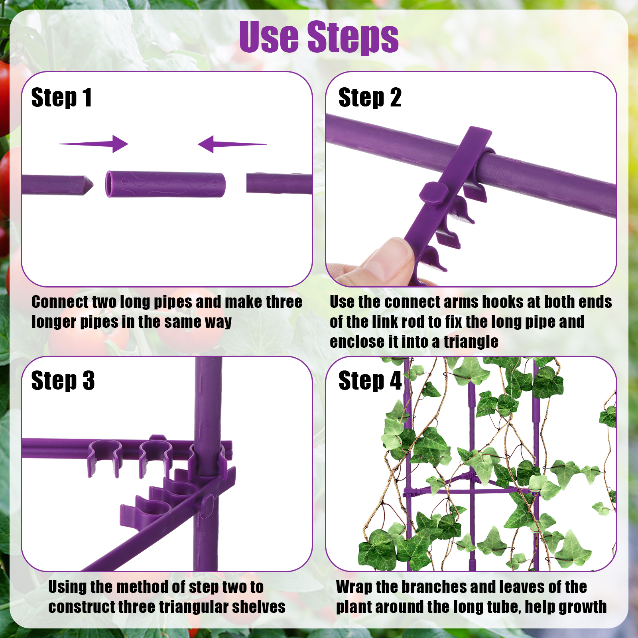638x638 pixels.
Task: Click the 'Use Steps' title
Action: pyautogui.click(x=319, y=37)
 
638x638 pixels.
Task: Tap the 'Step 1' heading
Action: pyautogui.click(x=62, y=98)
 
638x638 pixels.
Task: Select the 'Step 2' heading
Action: pyautogui.click(x=370, y=98)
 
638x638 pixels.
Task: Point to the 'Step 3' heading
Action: pyautogui.click(x=63, y=380)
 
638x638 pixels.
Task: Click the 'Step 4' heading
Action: pyautogui.click(x=370, y=380)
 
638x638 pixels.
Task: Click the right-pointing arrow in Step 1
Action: pyautogui.click(x=94, y=144)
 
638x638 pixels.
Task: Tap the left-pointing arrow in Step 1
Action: pyautogui.click(x=232, y=144)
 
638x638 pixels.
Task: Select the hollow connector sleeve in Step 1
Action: pyautogui.click(x=165, y=184)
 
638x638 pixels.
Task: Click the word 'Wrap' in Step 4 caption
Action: pyautogui.click(x=354, y=587)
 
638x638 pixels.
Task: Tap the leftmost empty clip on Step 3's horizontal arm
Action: pyautogui.click(x=104, y=459)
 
